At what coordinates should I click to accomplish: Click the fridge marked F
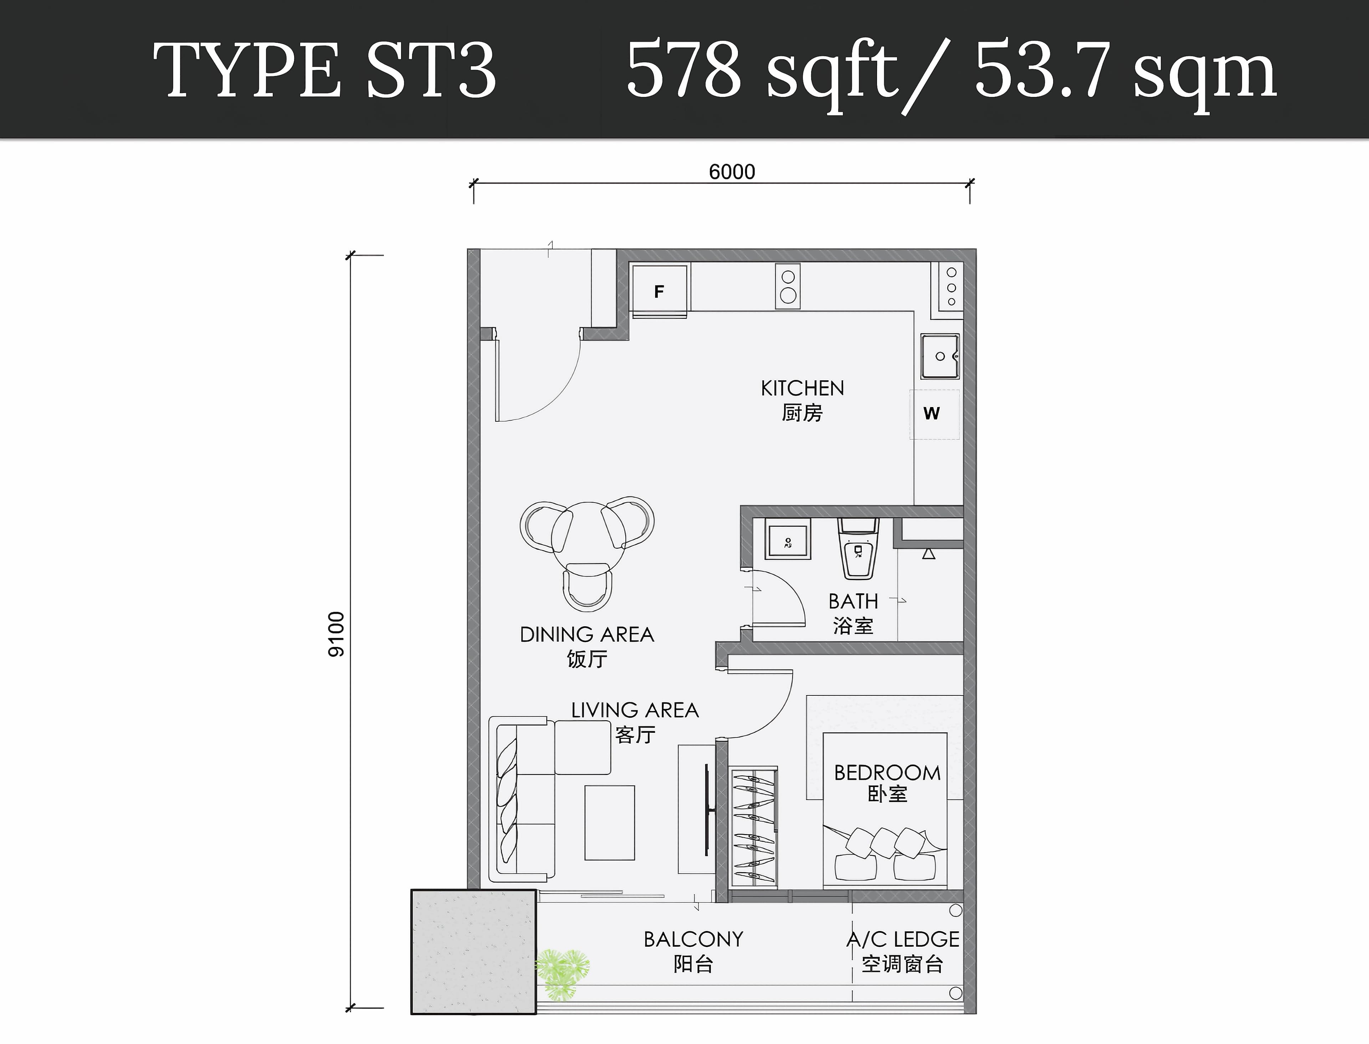(x=659, y=289)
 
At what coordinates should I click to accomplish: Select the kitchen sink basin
(x=940, y=356)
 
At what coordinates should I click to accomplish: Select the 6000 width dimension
(x=732, y=171)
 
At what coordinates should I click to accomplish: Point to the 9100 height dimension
(x=335, y=634)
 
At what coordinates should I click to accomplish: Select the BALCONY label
(x=693, y=939)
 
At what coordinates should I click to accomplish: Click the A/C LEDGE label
(x=903, y=939)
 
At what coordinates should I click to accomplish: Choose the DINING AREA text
(x=586, y=634)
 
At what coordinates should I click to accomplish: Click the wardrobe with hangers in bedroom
(x=753, y=827)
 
